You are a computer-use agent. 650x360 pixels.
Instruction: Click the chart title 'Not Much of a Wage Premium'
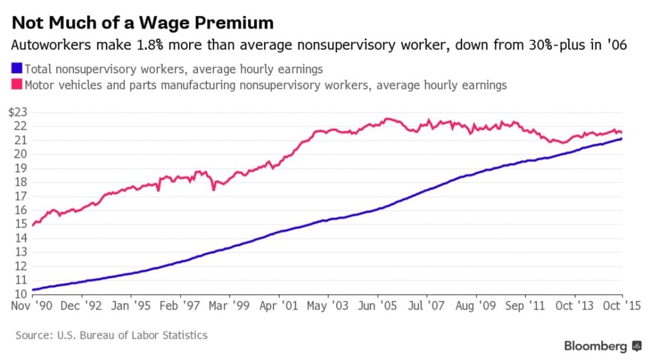[x=143, y=23]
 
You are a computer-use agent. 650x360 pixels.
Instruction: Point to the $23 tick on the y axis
[x=18, y=112]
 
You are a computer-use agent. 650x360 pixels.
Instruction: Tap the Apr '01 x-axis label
[x=279, y=306]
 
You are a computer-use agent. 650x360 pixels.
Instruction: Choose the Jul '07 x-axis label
[x=427, y=306]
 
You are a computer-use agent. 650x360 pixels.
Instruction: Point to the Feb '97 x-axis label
[x=180, y=306]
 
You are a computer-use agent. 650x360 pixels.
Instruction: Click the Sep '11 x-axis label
[x=525, y=306]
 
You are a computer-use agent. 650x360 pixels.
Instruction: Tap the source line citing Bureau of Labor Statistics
[x=112, y=335]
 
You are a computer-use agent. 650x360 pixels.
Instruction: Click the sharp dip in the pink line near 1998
[x=213, y=189]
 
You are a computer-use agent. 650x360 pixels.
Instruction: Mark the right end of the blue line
[x=621, y=139]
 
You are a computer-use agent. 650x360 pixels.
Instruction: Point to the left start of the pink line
[x=32, y=225]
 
